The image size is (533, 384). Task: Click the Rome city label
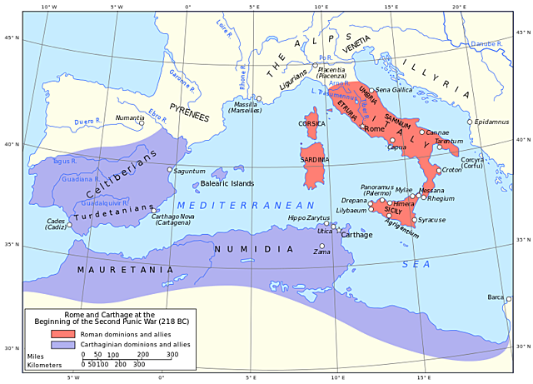tap(374, 129)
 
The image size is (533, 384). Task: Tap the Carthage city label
tap(357, 235)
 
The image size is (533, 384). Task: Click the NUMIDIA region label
tap(254, 248)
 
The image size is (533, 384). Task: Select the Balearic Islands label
tap(227, 183)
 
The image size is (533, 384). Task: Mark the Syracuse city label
tap(431, 220)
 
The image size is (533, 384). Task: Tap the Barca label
tap(496, 297)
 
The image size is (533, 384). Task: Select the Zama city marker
tap(321, 246)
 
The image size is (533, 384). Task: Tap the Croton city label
tap(451, 170)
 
